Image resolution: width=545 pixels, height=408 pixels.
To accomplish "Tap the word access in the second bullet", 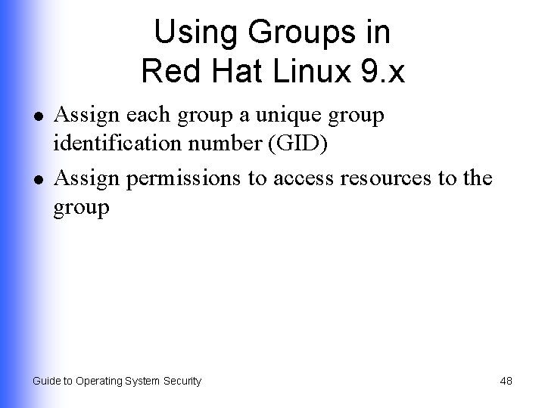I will [x=294, y=179].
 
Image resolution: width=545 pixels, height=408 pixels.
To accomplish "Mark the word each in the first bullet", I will [x=143, y=116].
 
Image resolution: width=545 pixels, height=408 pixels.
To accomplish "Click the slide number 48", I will [x=506, y=382].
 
